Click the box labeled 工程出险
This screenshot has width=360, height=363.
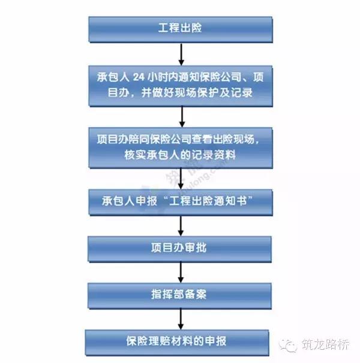[x=181, y=29]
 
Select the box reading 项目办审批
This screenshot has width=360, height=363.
[x=179, y=249]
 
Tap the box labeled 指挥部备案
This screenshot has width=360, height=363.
[x=179, y=296]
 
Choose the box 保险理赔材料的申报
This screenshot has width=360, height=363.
[x=177, y=343]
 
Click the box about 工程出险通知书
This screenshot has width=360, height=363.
[x=181, y=202]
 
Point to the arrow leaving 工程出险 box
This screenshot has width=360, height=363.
[x=181, y=55]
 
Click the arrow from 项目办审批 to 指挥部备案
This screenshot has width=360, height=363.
[x=181, y=272]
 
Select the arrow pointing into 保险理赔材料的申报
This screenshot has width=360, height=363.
[x=181, y=319]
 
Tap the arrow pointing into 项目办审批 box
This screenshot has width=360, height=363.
[x=181, y=226]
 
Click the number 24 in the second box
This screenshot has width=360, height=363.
[x=139, y=77]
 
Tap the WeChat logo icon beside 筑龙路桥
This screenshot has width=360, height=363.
[x=288, y=345]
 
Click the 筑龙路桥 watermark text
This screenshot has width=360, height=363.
[x=326, y=344]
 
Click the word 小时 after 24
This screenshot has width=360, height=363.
[x=157, y=77]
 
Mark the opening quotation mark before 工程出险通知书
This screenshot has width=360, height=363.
[x=165, y=198]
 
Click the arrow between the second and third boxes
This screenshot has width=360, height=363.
[x=182, y=117]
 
